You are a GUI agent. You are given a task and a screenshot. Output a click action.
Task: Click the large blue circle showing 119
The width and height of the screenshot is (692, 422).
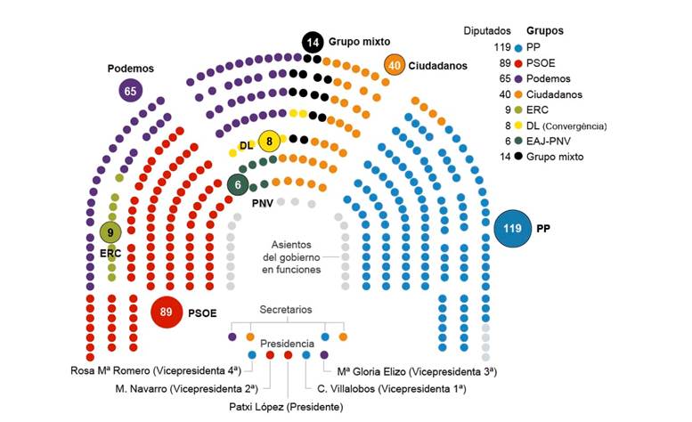click(x=512, y=228)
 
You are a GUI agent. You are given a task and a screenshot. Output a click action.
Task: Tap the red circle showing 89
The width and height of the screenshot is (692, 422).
click(x=167, y=312)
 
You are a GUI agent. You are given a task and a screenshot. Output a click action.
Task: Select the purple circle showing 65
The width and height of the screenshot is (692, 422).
click(x=131, y=90)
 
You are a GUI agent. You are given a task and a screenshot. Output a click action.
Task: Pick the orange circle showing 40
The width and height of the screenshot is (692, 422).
click(x=395, y=65)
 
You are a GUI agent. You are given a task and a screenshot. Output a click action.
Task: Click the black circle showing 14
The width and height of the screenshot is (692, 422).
click(x=312, y=41)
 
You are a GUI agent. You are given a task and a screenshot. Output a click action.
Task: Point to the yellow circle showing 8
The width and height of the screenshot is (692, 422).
click(x=269, y=141)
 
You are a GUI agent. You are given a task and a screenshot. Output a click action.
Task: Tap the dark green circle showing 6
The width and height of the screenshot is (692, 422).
click(x=238, y=184)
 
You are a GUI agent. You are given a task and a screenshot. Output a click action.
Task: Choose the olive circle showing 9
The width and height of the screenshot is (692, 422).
click(x=110, y=233)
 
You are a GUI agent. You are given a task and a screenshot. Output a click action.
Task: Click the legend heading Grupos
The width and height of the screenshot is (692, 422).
click(x=544, y=30)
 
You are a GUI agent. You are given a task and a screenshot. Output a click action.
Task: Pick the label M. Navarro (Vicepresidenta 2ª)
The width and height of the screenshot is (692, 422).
click(x=186, y=389)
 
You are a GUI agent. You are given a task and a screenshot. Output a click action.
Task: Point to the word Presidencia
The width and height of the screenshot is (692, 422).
click(x=287, y=343)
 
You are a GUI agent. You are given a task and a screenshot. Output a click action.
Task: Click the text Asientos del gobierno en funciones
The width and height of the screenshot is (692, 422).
click(x=297, y=256)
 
